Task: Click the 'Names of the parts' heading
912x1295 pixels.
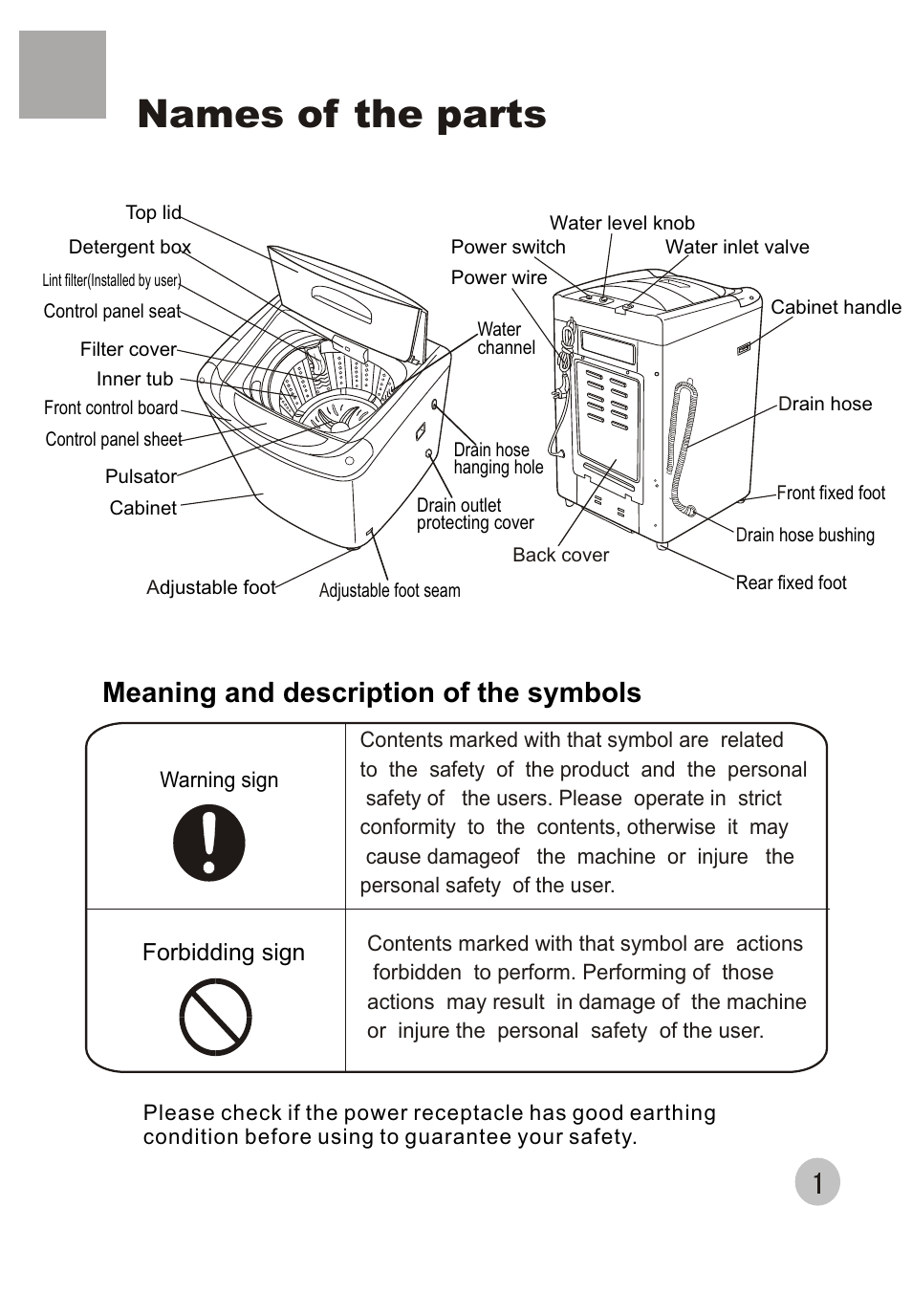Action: tap(341, 115)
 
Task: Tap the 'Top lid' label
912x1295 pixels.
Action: tap(153, 212)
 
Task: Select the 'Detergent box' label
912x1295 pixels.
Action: tap(129, 248)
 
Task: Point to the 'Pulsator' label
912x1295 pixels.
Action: tap(141, 476)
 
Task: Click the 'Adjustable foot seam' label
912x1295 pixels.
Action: tap(389, 591)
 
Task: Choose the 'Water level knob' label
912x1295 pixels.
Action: tap(621, 223)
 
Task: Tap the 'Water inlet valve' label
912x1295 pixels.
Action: tap(736, 247)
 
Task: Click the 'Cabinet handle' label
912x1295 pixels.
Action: tap(836, 307)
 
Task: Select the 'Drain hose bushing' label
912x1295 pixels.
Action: tap(805, 536)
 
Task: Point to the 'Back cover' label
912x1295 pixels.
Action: tap(560, 555)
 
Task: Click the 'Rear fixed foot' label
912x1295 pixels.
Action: tap(791, 582)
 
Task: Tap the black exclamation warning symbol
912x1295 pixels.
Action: tap(209, 843)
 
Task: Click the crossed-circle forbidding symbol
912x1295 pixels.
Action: tap(216, 1017)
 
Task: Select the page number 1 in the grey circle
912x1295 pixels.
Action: tap(817, 1183)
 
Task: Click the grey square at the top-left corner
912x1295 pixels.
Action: tap(62, 75)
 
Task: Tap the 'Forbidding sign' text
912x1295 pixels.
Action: tap(224, 953)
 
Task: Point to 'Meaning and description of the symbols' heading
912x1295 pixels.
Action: tap(371, 692)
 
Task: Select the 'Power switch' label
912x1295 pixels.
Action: tap(508, 247)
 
